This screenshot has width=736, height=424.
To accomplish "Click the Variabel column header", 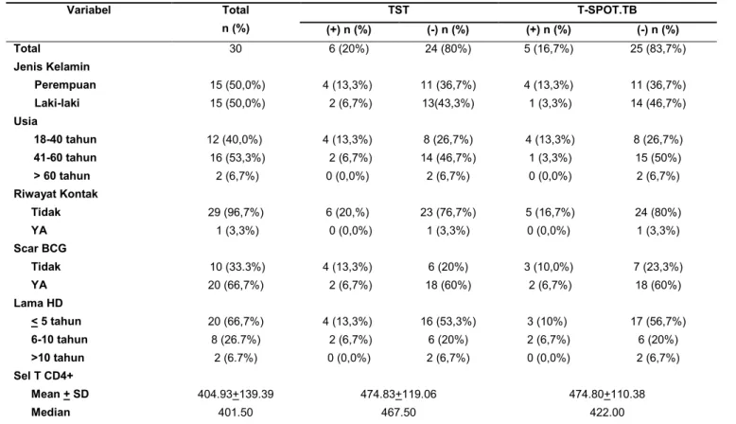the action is point(89,9).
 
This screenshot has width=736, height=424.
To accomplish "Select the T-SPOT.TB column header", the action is point(607,9).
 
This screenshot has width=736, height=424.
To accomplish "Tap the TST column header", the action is point(398,9).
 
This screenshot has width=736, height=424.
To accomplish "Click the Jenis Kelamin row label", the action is point(52,66).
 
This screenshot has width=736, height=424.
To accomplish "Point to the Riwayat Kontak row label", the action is point(56,194).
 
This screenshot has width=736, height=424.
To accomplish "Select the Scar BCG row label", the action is point(40,248).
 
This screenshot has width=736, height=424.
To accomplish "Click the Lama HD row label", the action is point(38,303).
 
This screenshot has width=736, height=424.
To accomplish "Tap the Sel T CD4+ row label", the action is point(44,376).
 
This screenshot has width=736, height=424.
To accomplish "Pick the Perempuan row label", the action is point(64,85).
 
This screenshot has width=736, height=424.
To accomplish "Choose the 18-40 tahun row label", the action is point(64,139).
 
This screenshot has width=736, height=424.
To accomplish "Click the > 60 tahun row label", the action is point(61,176).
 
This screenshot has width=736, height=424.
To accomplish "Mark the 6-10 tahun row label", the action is point(60,340).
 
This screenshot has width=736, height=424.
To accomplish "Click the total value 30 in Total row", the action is point(236,49).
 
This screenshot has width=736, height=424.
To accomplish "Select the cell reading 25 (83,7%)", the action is point(657,49).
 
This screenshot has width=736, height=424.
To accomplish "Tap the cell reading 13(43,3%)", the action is point(447,103).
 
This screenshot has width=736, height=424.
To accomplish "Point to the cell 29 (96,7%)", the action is point(236,212).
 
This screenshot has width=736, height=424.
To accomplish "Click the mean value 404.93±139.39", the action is point(236,394).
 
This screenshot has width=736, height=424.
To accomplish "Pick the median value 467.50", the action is point(398,413).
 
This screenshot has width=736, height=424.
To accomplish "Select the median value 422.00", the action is point(607,413).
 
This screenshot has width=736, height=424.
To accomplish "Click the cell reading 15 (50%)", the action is point(657,158).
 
